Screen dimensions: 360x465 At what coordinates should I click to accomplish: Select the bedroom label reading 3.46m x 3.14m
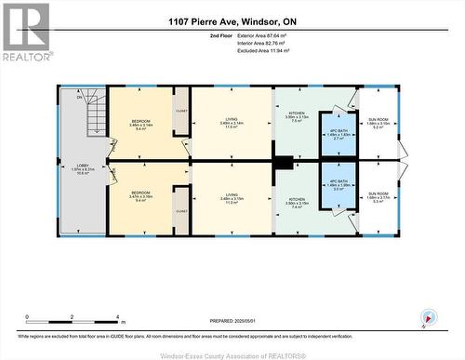[140, 126]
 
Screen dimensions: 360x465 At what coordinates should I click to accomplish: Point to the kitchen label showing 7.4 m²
[297, 204]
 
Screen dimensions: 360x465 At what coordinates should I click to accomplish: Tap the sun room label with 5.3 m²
[378, 197]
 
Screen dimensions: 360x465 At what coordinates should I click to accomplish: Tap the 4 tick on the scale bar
[118, 317]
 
